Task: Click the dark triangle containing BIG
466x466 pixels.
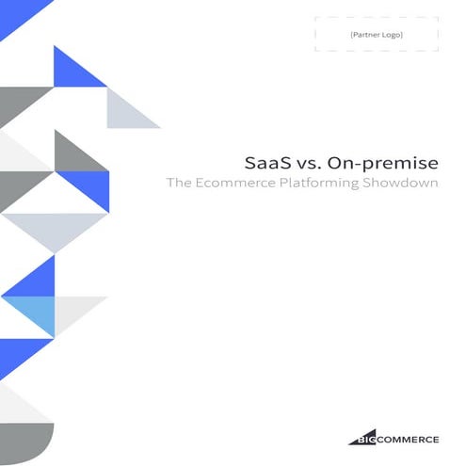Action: (x=362, y=436)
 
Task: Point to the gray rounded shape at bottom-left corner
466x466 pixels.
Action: (x=28, y=442)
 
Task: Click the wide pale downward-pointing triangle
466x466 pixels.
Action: (x=55, y=226)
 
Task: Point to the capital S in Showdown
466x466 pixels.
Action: (x=373, y=184)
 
